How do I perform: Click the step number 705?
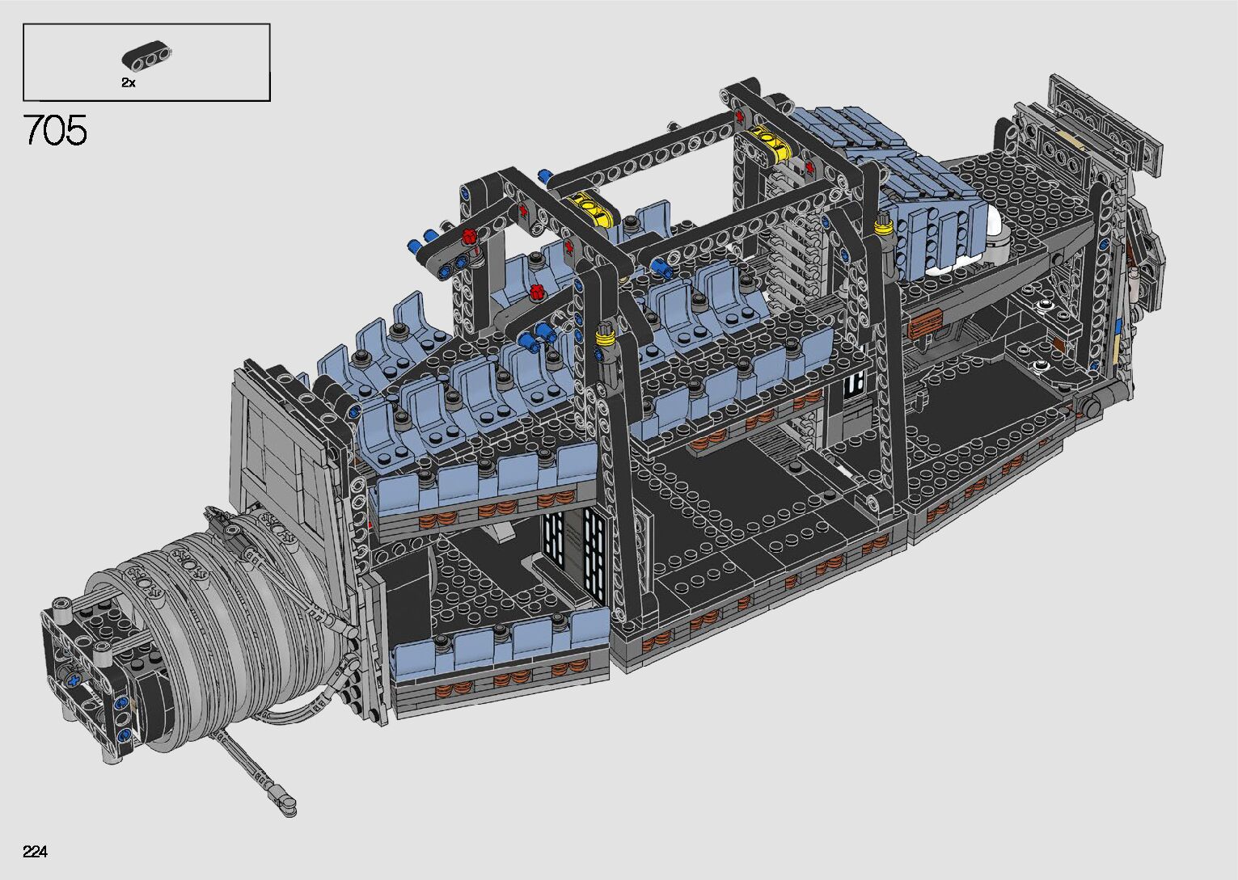click(x=55, y=130)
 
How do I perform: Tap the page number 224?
click(x=35, y=851)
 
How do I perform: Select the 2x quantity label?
click(x=129, y=83)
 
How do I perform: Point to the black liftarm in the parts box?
click(x=147, y=56)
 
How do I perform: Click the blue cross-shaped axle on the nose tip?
click(x=73, y=680)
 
